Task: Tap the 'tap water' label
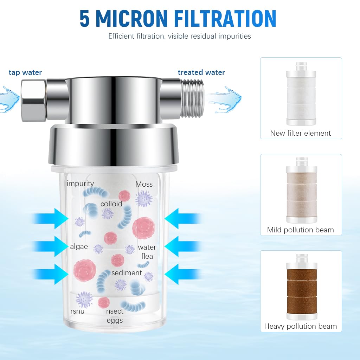click(25, 72)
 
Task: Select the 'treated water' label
click(201, 72)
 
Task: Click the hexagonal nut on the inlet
click(34, 100)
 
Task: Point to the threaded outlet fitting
click(192, 98)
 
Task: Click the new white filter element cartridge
click(301, 94)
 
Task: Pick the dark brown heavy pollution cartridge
click(302, 287)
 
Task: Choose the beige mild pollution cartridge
click(301, 190)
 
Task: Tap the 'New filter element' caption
click(301, 133)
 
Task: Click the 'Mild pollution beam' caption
click(301, 230)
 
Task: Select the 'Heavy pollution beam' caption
click(301, 326)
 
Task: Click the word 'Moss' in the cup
click(144, 184)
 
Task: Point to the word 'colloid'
click(111, 204)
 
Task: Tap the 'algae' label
click(79, 247)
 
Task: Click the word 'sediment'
click(127, 273)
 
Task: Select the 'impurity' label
click(80, 184)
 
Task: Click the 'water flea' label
click(147, 252)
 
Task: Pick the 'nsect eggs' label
click(115, 316)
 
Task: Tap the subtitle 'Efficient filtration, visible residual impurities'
click(180, 36)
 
